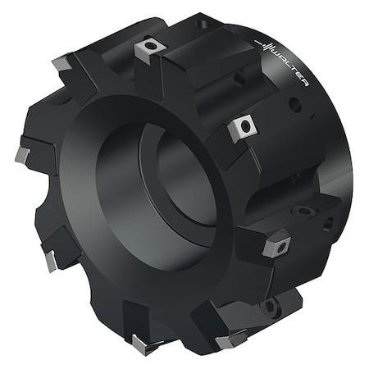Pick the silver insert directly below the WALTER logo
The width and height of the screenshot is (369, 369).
244,127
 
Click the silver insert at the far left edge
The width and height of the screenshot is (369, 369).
21,155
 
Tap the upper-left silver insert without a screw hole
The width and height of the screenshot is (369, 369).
62,62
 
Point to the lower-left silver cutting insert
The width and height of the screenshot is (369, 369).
51,261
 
